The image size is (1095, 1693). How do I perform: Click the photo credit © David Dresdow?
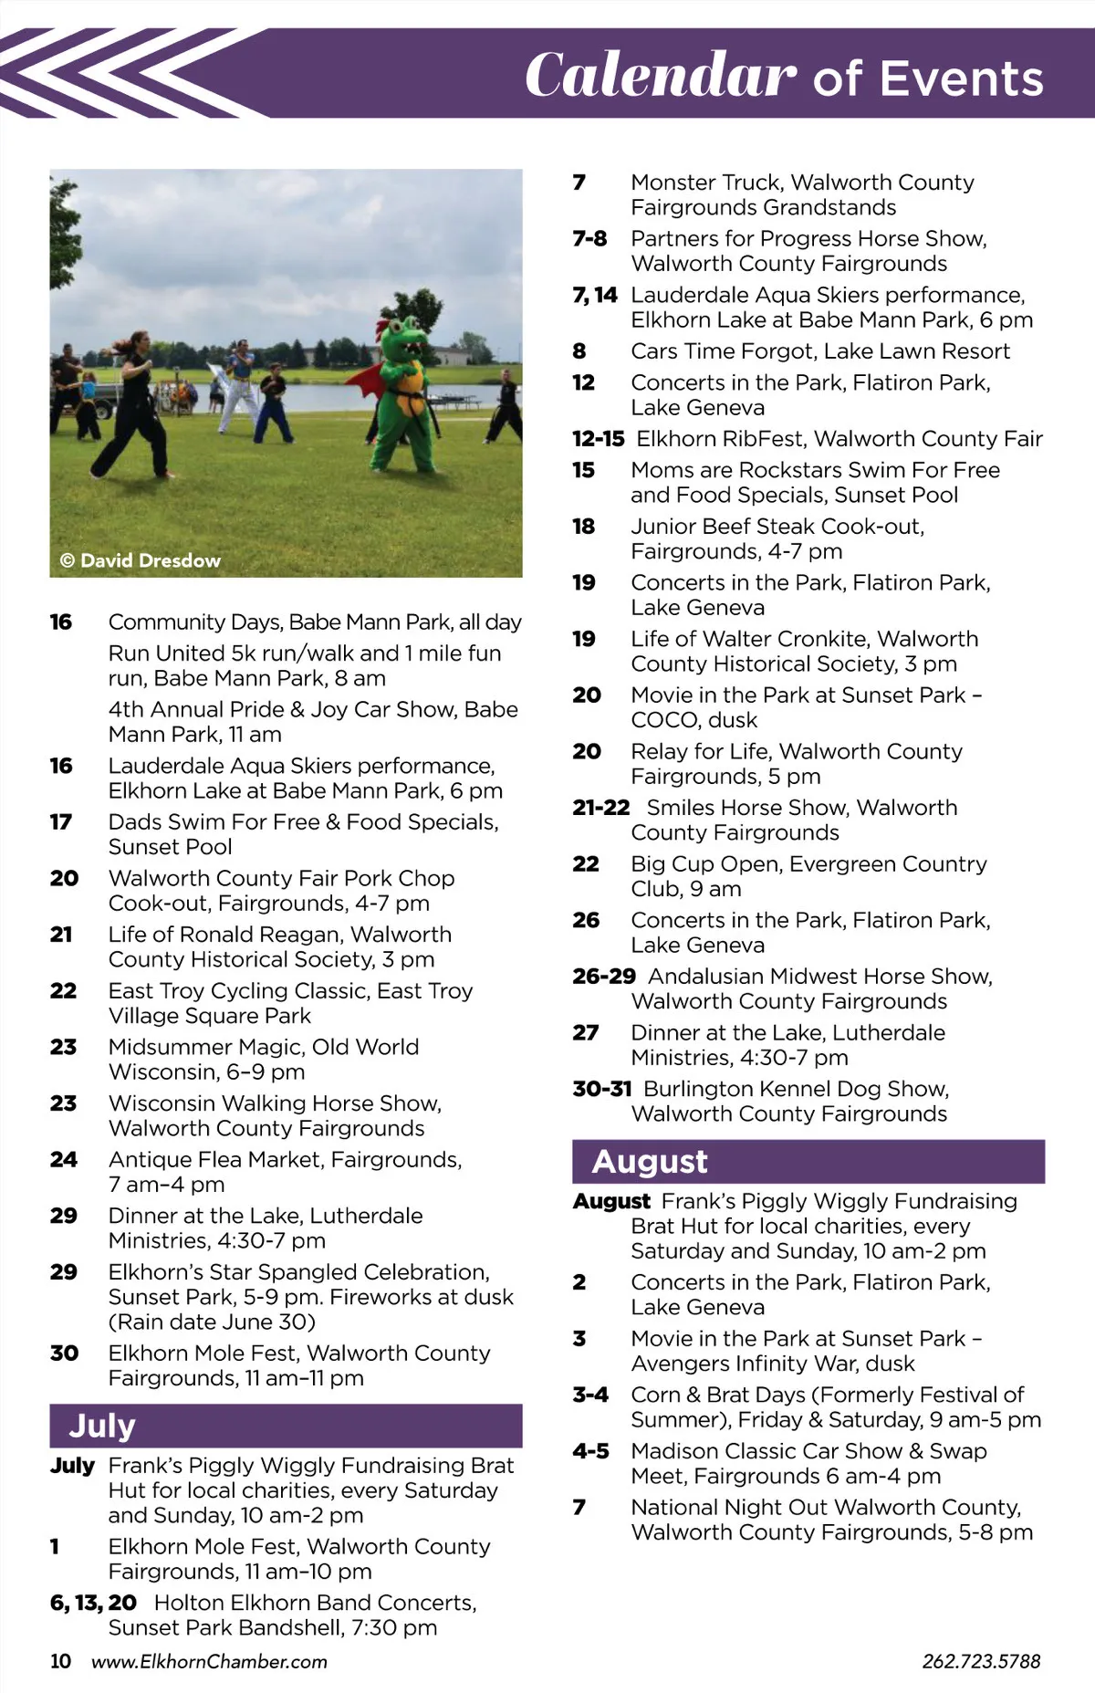[141, 560]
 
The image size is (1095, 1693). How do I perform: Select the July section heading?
[102, 1426]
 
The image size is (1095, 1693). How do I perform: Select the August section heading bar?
[808, 1162]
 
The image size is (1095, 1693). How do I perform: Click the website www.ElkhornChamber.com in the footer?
[209, 1661]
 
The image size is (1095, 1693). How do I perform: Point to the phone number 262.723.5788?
[981, 1661]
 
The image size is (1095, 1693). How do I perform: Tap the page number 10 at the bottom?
[60, 1661]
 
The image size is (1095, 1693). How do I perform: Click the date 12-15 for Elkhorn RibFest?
[598, 439]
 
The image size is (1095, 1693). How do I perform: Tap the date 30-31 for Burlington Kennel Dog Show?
[602, 1089]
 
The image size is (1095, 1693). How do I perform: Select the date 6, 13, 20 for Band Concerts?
[93, 1603]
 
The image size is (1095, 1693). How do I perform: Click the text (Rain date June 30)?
[212, 1322]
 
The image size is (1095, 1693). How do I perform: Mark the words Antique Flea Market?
[215, 1159]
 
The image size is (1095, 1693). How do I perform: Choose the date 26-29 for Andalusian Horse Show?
[603, 977]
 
